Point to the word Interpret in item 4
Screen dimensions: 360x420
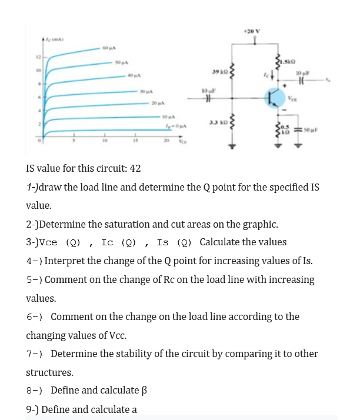[x=64, y=261]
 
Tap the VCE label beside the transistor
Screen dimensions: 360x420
[x=291, y=101]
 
